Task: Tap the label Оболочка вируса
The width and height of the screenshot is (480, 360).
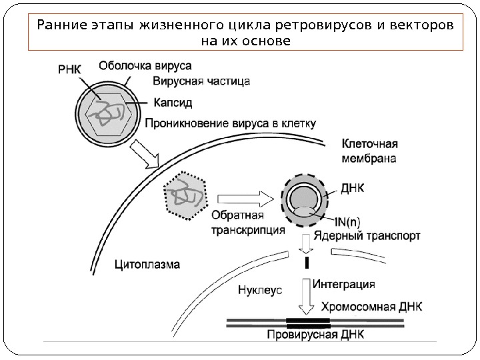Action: click(x=145, y=65)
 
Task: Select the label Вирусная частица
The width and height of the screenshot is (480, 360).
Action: click(x=201, y=82)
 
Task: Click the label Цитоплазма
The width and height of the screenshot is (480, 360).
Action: click(x=147, y=263)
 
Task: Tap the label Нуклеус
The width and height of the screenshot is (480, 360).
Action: click(x=260, y=290)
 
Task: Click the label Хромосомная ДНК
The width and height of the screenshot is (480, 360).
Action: click(x=371, y=307)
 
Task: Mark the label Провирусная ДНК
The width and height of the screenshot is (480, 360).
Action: click(x=315, y=335)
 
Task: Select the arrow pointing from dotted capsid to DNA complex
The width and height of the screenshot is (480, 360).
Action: click(x=247, y=197)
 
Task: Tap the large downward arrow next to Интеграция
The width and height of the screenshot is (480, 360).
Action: click(x=307, y=297)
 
